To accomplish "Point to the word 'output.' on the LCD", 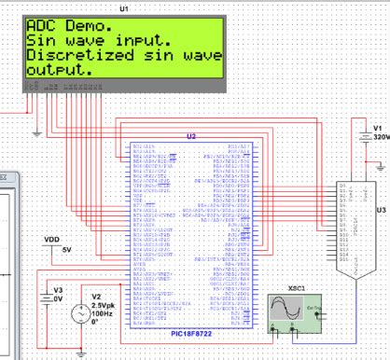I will tap(59, 69).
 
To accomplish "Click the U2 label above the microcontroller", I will tap(191, 136).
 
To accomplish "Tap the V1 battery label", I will tap(378, 129).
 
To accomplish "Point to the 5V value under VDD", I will tap(65, 250).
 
